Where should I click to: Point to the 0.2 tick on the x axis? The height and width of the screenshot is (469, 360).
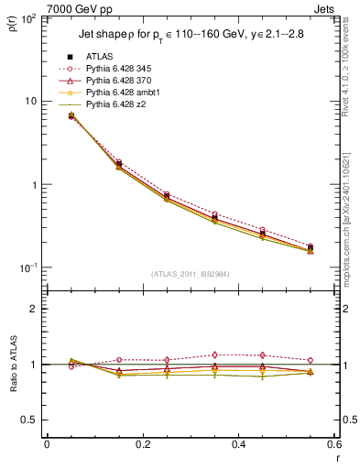coord(142,444)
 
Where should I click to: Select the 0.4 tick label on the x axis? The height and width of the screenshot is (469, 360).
coord(238,444)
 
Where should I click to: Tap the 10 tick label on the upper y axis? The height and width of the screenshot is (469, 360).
coord(30,101)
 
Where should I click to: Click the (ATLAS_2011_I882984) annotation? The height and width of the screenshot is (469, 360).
coord(191,274)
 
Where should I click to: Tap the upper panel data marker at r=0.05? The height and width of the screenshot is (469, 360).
coord(71,115)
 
